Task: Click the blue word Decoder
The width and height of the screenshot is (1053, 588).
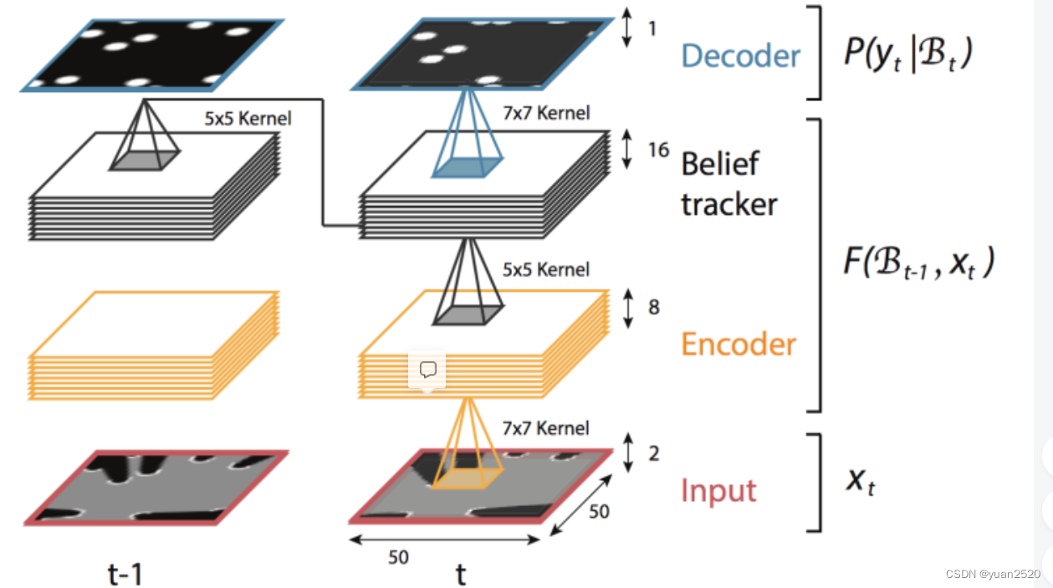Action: (x=741, y=55)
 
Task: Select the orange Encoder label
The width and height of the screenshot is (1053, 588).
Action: (x=739, y=344)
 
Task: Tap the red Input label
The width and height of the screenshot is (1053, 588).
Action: (x=718, y=490)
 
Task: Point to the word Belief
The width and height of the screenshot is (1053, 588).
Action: (x=720, y=164)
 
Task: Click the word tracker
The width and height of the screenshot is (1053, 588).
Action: (x=729, y=203)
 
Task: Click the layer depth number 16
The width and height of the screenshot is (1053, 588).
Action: (x=658, y=151)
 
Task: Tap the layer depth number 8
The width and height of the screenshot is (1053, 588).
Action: (x=654, y=307)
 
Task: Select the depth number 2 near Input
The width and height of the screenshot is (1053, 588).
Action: (x=654, y=453)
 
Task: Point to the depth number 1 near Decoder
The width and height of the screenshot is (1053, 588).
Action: (x=652, y=29)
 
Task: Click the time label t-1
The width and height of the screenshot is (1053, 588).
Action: (x=125, y=573)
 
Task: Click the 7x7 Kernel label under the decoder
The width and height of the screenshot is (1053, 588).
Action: (x=545, y=112)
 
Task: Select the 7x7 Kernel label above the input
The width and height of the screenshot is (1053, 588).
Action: (x=545, y=428)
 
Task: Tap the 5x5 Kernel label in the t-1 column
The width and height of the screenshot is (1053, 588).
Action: (x=248, y=119)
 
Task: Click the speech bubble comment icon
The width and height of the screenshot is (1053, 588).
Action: (x=427, y=370)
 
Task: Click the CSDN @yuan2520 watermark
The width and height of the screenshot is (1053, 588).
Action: (x=993, y=574)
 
